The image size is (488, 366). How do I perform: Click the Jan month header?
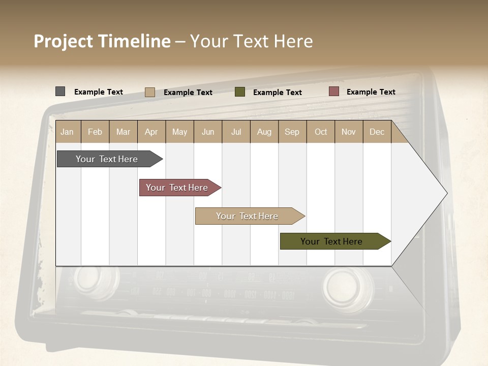pos(67,132)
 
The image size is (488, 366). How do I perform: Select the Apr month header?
pos(151,132)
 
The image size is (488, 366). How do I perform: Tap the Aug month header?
pos(264,132)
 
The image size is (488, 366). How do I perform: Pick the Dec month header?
pos(377,132)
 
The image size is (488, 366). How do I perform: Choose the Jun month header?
pos(207,132)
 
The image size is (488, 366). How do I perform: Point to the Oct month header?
pos(320,132)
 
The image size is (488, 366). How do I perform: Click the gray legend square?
pos(60,91)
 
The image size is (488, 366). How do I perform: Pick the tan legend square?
pos(149,92)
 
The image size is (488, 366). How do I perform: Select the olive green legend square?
pos(240,92)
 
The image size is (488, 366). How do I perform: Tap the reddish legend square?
pos(333,91)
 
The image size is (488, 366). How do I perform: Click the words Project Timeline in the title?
pos(102,41)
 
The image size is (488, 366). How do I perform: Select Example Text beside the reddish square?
pos(371,91)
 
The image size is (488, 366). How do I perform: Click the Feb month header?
pos(95,132)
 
